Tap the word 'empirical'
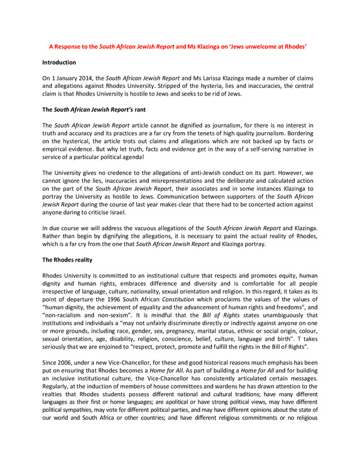point(58,149)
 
